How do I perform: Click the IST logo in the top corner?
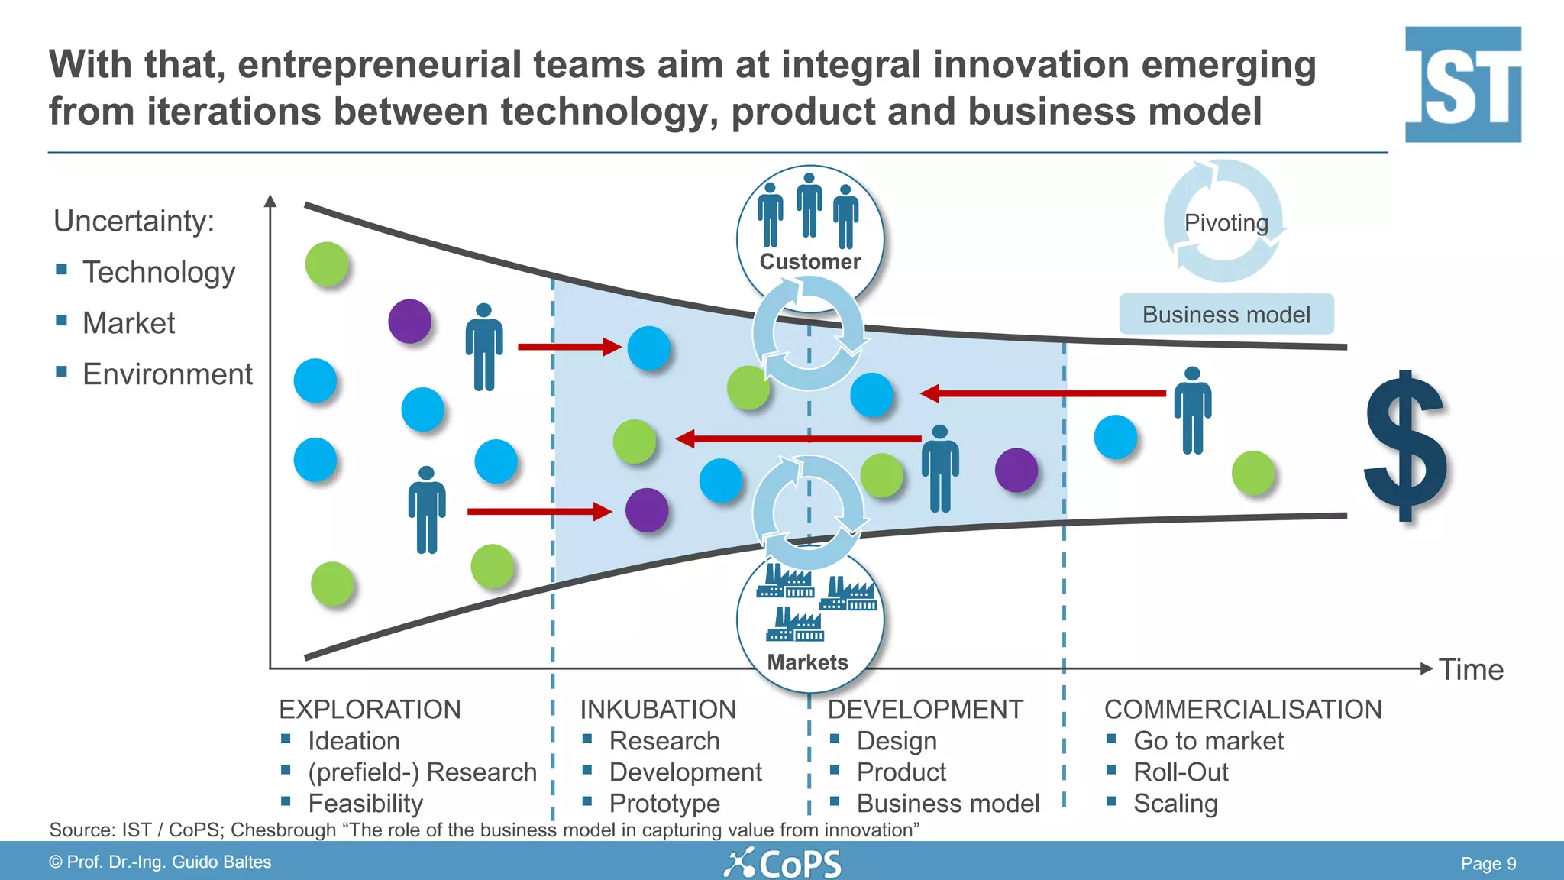point(1462,84)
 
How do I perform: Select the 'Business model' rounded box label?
point(1226,314)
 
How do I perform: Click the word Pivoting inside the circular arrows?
point(1226,222)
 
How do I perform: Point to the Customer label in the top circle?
point(809,261)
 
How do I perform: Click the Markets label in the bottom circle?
point(807,662)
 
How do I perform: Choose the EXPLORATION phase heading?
point(370,709)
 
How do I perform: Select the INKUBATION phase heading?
point(658,709)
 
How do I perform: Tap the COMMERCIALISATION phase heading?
point(1242,709)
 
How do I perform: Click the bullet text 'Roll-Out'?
point(1181,772)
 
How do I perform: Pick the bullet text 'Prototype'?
point(664,803)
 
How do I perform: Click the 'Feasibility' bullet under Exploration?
point(365,803)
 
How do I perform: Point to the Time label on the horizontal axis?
point(1471,669)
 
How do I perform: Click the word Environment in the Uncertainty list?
point(167,374)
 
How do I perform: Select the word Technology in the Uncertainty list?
point(159,272)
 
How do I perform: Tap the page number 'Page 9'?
point(1488,863)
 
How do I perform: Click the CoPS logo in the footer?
point(783,864)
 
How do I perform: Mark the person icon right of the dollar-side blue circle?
point(1192,410)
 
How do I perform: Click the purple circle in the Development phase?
point(1016,470)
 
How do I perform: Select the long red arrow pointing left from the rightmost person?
point(1042,393)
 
